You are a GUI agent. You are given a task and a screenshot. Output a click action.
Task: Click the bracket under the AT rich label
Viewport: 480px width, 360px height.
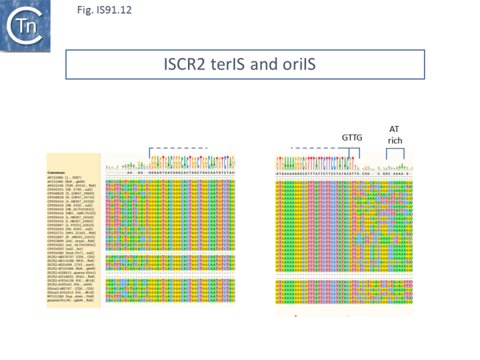tap(395, 151)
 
